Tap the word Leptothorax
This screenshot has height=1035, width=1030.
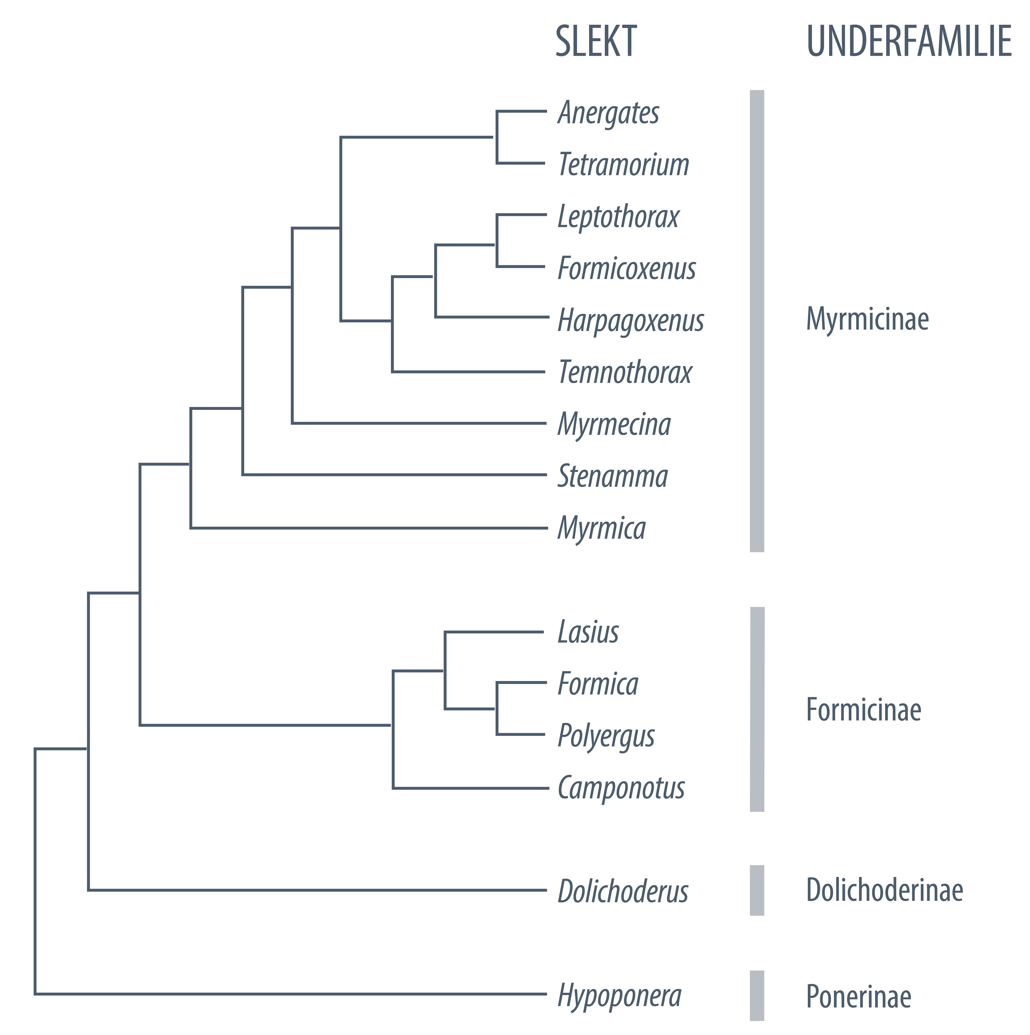tap(618, 217)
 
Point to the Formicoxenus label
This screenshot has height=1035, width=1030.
tap(627, 268)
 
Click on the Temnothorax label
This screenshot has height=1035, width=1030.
tap(625, 372)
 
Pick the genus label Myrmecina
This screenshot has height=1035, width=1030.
tap(614, 424)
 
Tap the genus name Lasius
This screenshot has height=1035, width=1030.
tap(588, 632)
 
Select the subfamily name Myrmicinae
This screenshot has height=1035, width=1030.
tap(867, 319)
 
